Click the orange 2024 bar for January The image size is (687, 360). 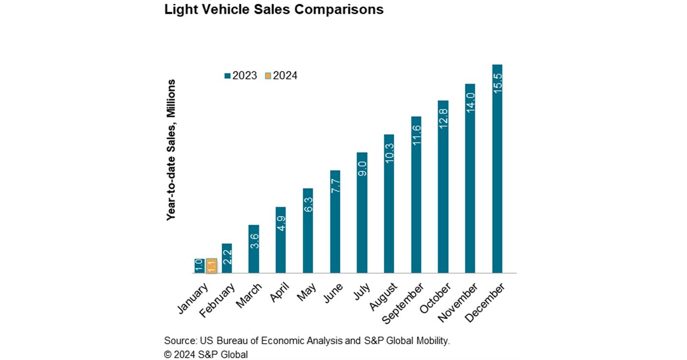(211, 266)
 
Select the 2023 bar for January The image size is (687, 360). (200, 266)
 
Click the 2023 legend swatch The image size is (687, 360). (228, 76)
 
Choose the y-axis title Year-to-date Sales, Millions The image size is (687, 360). (171, 150)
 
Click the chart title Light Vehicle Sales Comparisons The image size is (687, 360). (274, 10)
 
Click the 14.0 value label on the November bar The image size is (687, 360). (470, 102)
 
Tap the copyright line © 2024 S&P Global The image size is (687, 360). (206, 355)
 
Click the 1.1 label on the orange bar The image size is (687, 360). (211, 266)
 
